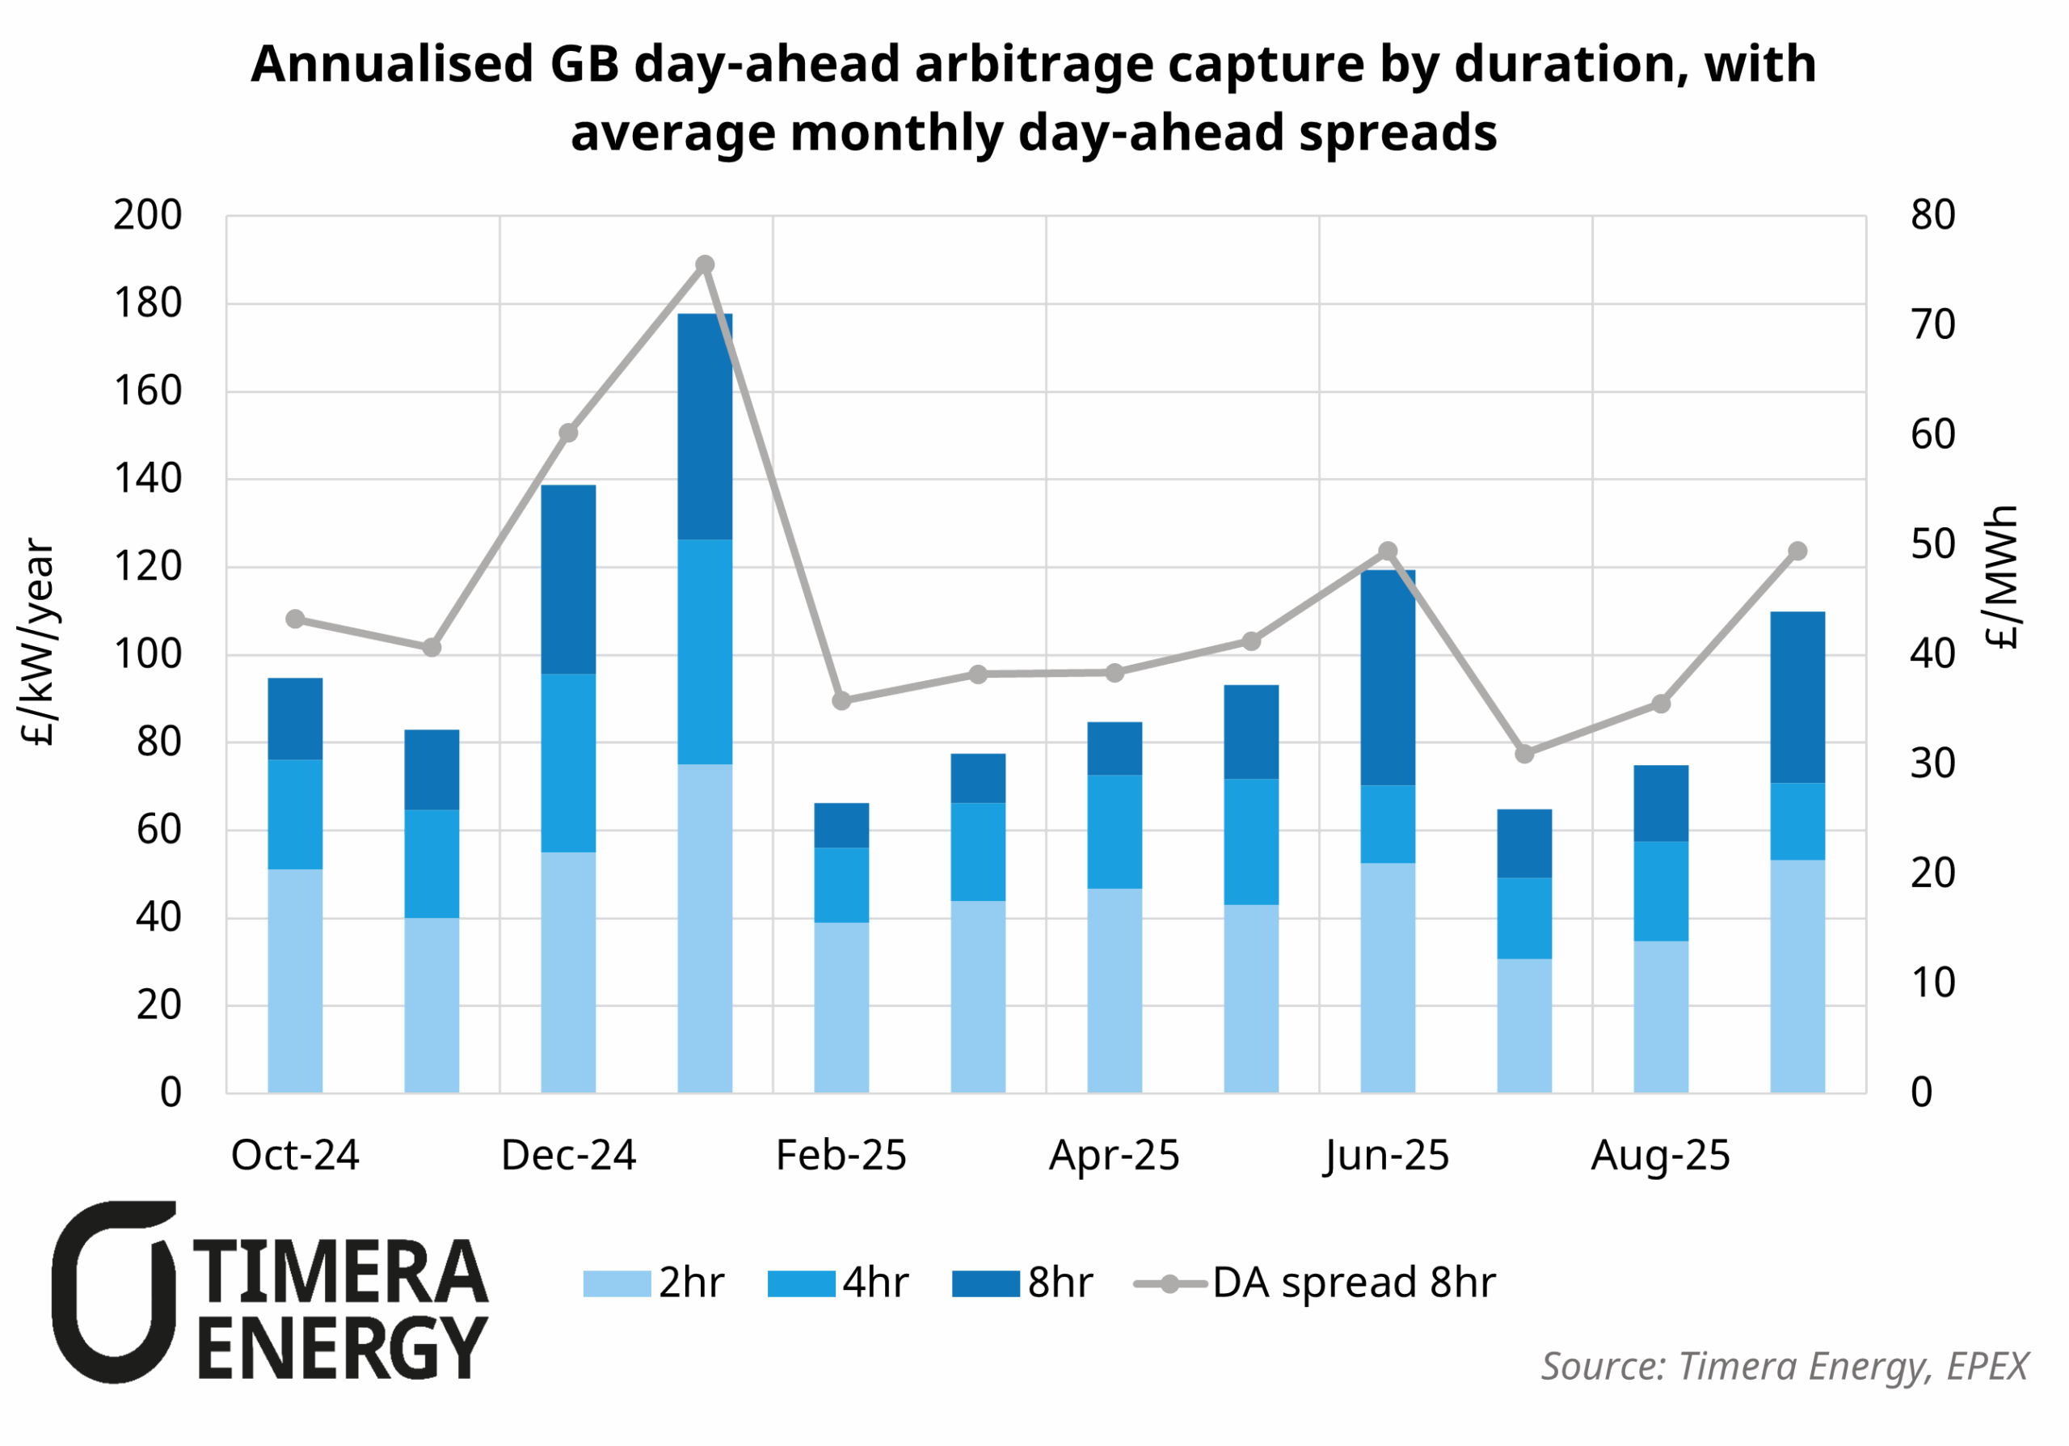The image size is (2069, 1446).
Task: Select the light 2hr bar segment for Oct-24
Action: click(295, 981)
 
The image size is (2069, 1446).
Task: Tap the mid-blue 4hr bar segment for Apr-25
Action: click(1114, 831)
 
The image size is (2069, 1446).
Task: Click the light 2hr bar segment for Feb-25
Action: click(841, 1007)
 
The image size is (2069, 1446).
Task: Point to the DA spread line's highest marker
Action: click(705, 265)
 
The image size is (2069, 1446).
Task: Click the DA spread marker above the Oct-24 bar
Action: click(295, 619)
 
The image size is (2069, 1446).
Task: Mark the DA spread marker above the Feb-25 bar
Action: click(841, 700)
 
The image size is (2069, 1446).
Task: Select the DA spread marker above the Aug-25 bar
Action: click(1661, 704)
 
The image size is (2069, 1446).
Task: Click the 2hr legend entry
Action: click(652, 1283)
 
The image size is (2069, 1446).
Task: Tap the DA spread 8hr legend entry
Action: click(1315, 1283)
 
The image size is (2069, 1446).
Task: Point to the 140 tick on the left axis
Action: click(148, 480)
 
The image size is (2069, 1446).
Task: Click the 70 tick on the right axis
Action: click(1932, 325)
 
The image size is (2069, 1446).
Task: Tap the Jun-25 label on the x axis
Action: click(1387, 1156)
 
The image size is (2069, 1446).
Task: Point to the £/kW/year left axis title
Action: click(38, 642)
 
